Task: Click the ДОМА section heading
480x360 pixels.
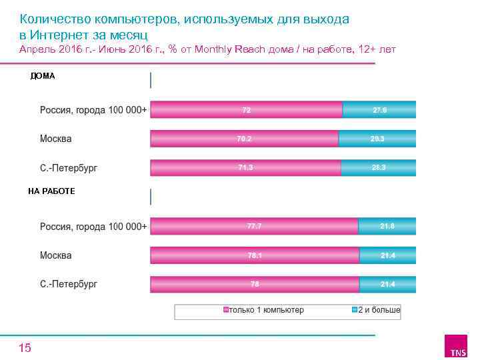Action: pyautogui.click(x=43, y=76)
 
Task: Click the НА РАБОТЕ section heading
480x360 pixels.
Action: pyautogui.click(x=51, y=191)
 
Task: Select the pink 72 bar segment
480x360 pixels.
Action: pyautogui.click(x=246, y=109)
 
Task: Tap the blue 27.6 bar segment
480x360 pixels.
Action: pyautogui.click(x=379, y=109)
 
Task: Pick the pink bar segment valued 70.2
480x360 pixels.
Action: pyautogui.click(x=244, y=139)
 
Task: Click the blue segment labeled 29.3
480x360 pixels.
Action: pyautogui.click(x=377, y=139)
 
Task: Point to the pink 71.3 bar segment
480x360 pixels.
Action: pyautogui.click(x=245, y=167)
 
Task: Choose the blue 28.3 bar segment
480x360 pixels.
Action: pyautogui.click(x=379, y=167)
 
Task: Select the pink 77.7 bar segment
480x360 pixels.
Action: pyautogui.click(x=254, y=226)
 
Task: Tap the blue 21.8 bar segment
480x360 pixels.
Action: pyautogui.click(x=387, y=226)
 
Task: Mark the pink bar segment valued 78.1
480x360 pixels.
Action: pyautogui.click(x=255, y=255)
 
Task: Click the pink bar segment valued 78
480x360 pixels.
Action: pyautogui.click(x=255, y=284)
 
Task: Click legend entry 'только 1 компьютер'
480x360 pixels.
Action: pyautogui.click(x=264, y=310)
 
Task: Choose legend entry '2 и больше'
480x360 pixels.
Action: pyautogui.click(x=376, y=310)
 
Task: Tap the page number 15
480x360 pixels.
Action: pyautogui.click(x=25, y=347)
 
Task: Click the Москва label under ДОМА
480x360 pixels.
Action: pyautogui.click(x=56, y=139)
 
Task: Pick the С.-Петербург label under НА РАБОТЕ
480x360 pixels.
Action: pyautogui.click(x=69, y=284)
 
